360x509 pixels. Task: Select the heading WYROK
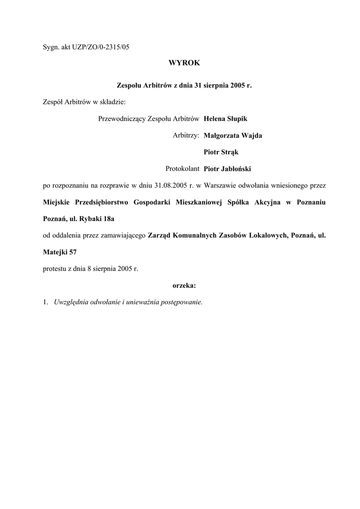pos(183,63)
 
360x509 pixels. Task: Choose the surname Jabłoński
pos(236,169)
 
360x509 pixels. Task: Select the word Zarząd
pos(159,236)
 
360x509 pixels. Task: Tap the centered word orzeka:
pos(184,286)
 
